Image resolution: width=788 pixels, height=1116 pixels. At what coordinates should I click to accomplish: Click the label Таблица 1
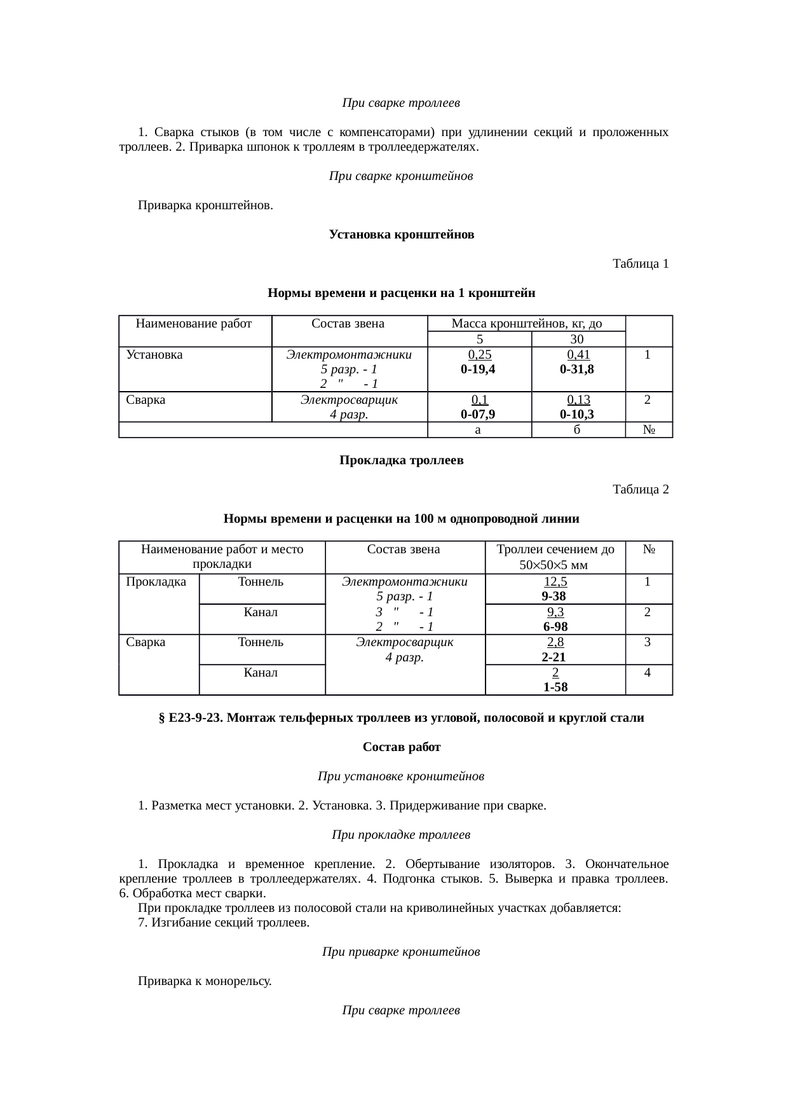[640, 263]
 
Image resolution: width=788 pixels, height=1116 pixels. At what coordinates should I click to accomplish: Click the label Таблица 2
[640, 489]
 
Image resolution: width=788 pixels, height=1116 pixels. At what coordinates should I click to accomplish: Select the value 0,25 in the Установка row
[480, 355]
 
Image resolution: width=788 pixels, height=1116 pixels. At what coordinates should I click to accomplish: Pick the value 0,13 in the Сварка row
[578, 400]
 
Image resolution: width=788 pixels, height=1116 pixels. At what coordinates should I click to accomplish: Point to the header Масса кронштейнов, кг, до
[526, 324]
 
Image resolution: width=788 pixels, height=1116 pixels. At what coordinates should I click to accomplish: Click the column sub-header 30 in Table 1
[577, 340]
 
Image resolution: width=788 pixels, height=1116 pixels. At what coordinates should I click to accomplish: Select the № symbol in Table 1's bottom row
[649, 431]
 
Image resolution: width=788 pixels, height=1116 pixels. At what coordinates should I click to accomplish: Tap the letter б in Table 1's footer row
[577, 431]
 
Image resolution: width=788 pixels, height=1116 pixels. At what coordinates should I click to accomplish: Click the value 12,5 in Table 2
[555, 581]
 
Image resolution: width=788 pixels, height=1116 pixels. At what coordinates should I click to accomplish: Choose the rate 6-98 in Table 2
[555, 627]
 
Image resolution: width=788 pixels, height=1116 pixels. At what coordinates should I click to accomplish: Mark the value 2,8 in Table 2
[555, 642]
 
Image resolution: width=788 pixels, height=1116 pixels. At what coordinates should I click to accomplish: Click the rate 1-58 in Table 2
[555, 687]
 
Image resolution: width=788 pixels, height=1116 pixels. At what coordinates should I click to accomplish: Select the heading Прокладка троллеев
[401, 460]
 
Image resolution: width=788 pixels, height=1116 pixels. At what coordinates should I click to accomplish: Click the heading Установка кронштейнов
[401, 235]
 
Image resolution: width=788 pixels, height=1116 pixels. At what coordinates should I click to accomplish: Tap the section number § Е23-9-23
[189, 718]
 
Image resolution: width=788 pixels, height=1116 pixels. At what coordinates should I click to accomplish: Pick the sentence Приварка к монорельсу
[205, 981]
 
